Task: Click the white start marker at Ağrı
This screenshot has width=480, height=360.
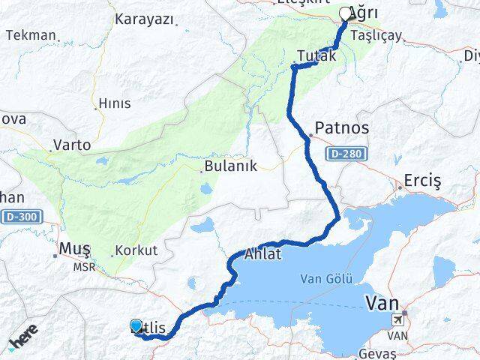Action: click(346, 13)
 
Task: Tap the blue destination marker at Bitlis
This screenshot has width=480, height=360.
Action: click(136, 325)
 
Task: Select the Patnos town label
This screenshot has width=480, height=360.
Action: click(342, 128)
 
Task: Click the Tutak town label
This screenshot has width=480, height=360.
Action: click(312, 55)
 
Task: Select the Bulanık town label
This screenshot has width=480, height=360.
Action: click(232, 166)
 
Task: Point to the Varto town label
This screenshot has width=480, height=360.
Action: click(72, 145)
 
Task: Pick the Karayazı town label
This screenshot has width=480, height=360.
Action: click(144, 19)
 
